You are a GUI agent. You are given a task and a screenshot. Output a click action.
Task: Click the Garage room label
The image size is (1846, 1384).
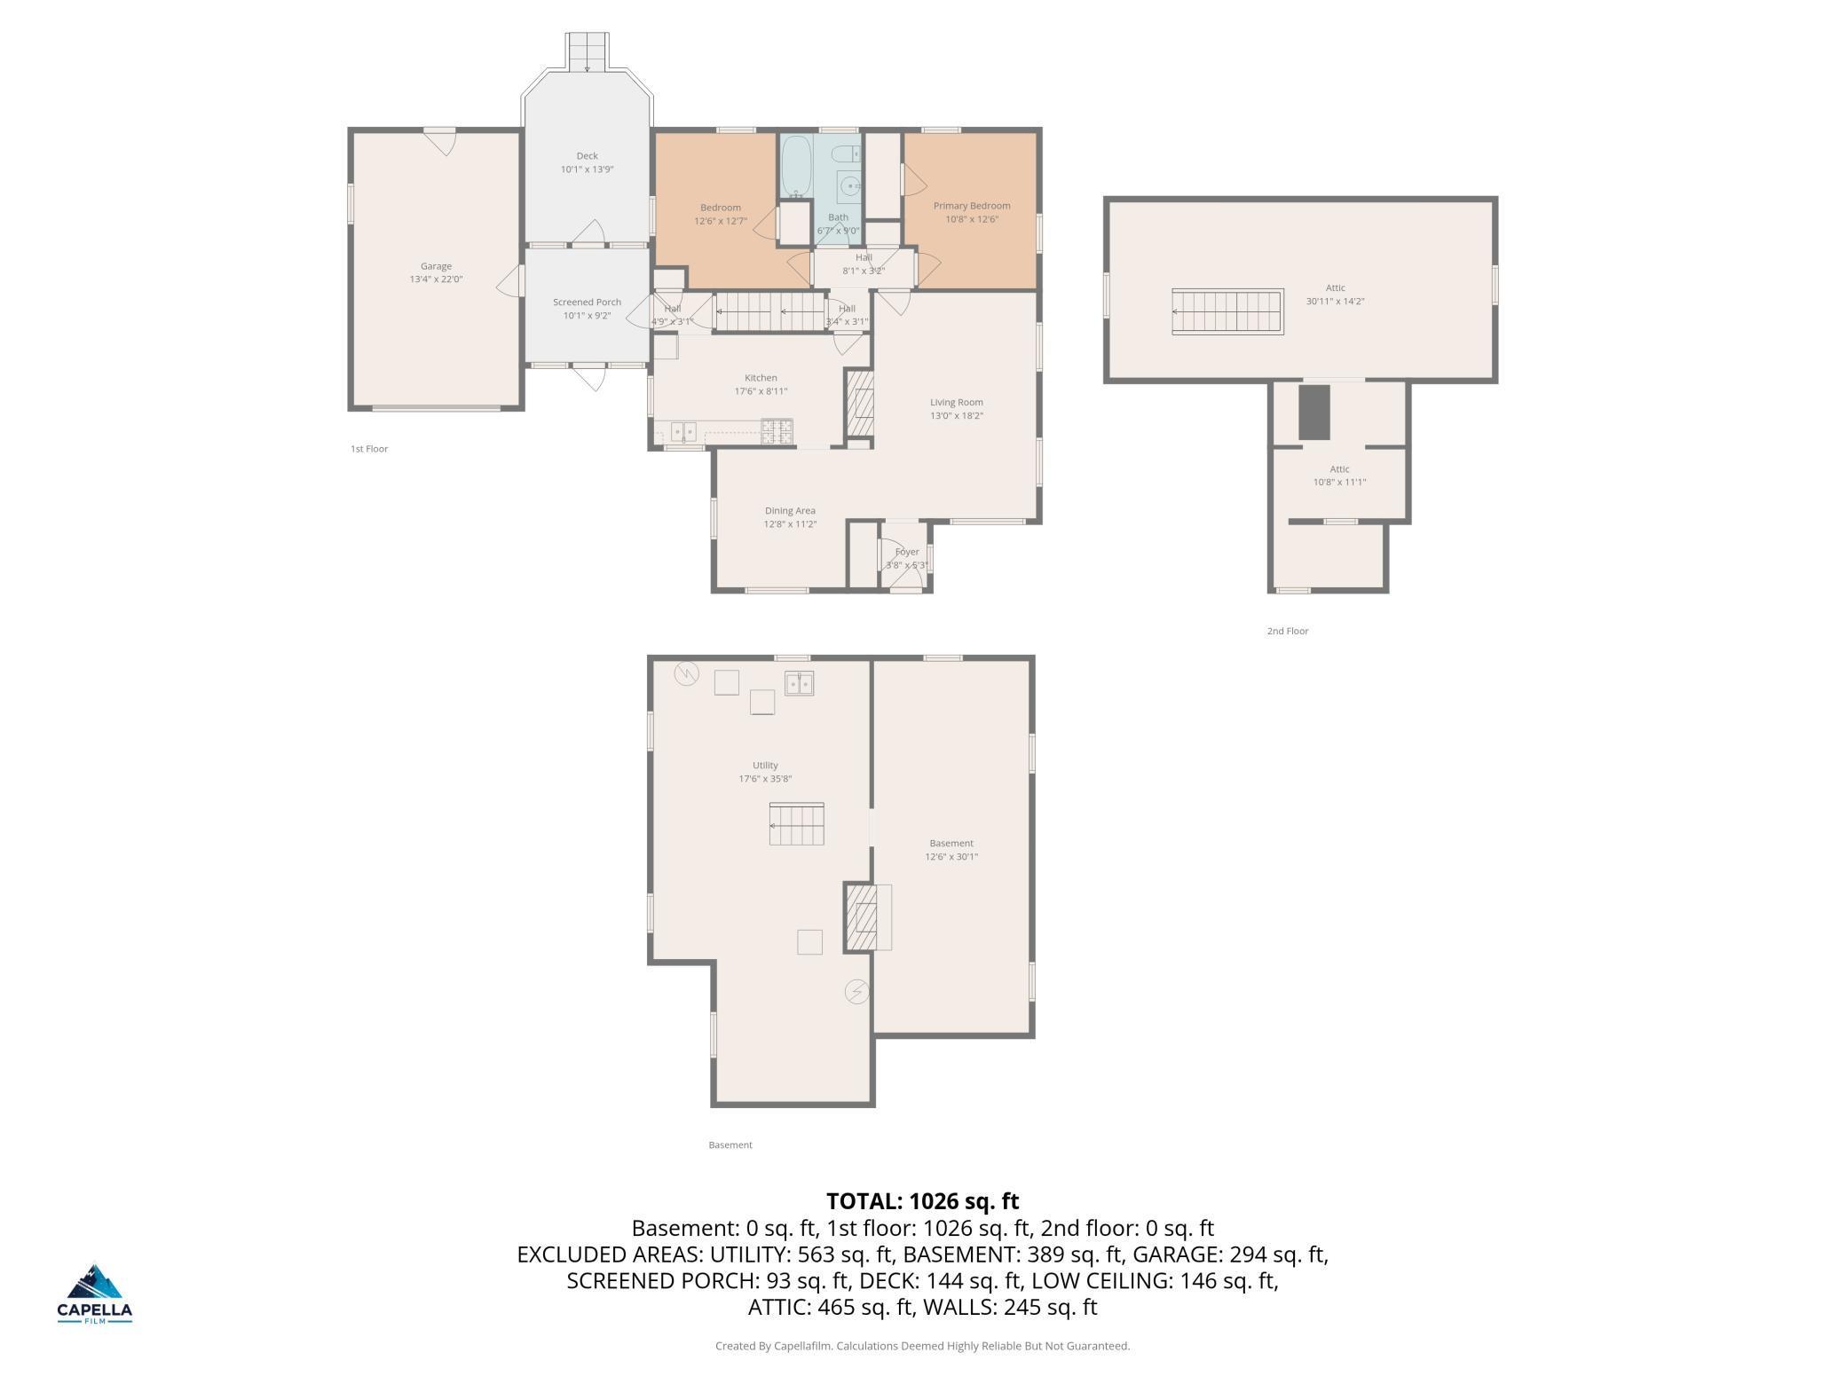pyautogui.click(x=436, y=266)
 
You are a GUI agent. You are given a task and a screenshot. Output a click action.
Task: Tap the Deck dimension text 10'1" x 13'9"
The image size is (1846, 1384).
pyautogui.click(x=587, y=169)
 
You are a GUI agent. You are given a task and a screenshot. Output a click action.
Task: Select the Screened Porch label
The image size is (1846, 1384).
pyautogui.click(x=587, y=303)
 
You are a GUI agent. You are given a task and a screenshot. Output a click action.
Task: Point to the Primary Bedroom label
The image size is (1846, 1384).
pyautogui.click(x=971, y=206)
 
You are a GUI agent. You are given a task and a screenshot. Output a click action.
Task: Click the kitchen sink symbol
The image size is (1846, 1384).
pyautogui.click(x=683, y=432)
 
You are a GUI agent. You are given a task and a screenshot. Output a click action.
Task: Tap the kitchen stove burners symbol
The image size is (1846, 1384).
pyautogui.click(x=777, y=432)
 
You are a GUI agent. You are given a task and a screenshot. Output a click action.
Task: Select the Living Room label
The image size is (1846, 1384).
pyautogui.click(x=956, y=402)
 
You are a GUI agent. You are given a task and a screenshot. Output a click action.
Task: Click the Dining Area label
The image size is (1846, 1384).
pyautogui.click(x=790, y=511)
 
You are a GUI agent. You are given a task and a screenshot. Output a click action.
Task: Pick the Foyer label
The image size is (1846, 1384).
pyautogui.click(x=906, y=552)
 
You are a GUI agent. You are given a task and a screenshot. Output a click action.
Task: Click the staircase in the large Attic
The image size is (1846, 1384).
pyautogui.click(x=1227, y=311)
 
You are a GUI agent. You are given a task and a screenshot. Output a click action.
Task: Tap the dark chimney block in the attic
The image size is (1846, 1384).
pyautogui.click(x=1314, y=412)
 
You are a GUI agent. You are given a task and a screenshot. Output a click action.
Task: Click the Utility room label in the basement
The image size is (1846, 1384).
pyautogui.click(x=765, y=766)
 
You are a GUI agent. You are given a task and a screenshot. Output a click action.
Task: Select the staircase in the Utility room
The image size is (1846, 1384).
pyautogui.click(x=796, y=824)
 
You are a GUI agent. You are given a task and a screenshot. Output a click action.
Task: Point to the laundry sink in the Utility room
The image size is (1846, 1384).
pyautogui.click(x=799, y=683)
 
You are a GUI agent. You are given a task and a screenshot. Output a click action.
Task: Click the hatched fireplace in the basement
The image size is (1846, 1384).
pyautogui.click(x=858, y=917)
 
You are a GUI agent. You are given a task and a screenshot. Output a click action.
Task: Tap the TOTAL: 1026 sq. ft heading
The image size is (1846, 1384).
pyautogui.click(x=922, y=1201)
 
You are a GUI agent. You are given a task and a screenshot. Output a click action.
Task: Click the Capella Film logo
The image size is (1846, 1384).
pyautogui.click(x=95, y=1294)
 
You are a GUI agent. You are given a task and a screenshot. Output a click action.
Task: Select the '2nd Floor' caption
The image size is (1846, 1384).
pyautogui.click(x=1287, y=632)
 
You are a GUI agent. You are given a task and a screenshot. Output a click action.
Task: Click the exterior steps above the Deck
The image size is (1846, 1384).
pyautogui.click(x=588, y=51)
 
